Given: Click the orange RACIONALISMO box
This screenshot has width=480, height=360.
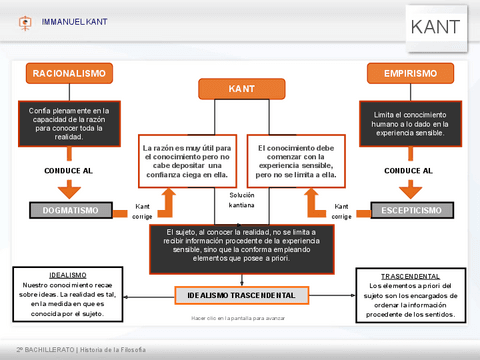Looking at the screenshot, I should (70, 74).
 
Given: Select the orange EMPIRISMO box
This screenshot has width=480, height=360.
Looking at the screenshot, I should (409, 74).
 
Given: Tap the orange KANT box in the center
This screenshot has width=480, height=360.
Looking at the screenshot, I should (241, 89).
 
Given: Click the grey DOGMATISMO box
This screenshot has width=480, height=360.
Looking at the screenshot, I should (70, 210).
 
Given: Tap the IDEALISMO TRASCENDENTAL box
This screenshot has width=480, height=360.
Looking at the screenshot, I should (241, 296).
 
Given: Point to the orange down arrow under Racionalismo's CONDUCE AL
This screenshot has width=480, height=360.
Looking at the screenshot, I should (70, 188).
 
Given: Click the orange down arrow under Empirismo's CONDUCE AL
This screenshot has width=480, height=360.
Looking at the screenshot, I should (409, 188).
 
